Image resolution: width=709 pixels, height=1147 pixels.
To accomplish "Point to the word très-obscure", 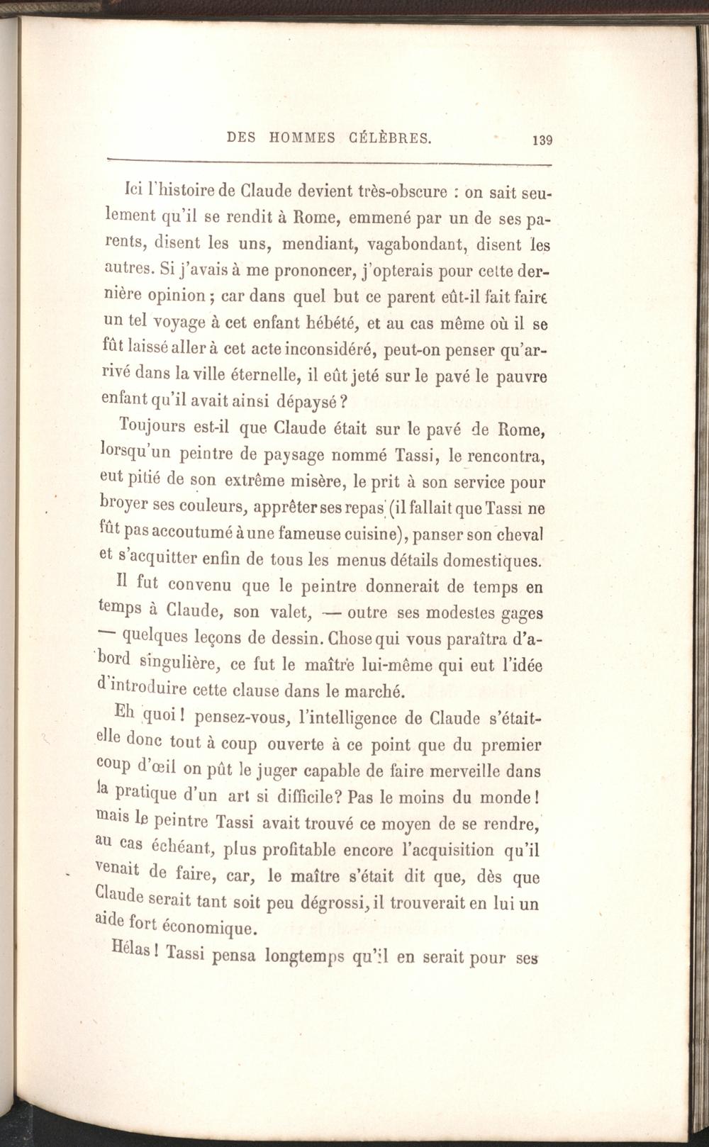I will (402, 191).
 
